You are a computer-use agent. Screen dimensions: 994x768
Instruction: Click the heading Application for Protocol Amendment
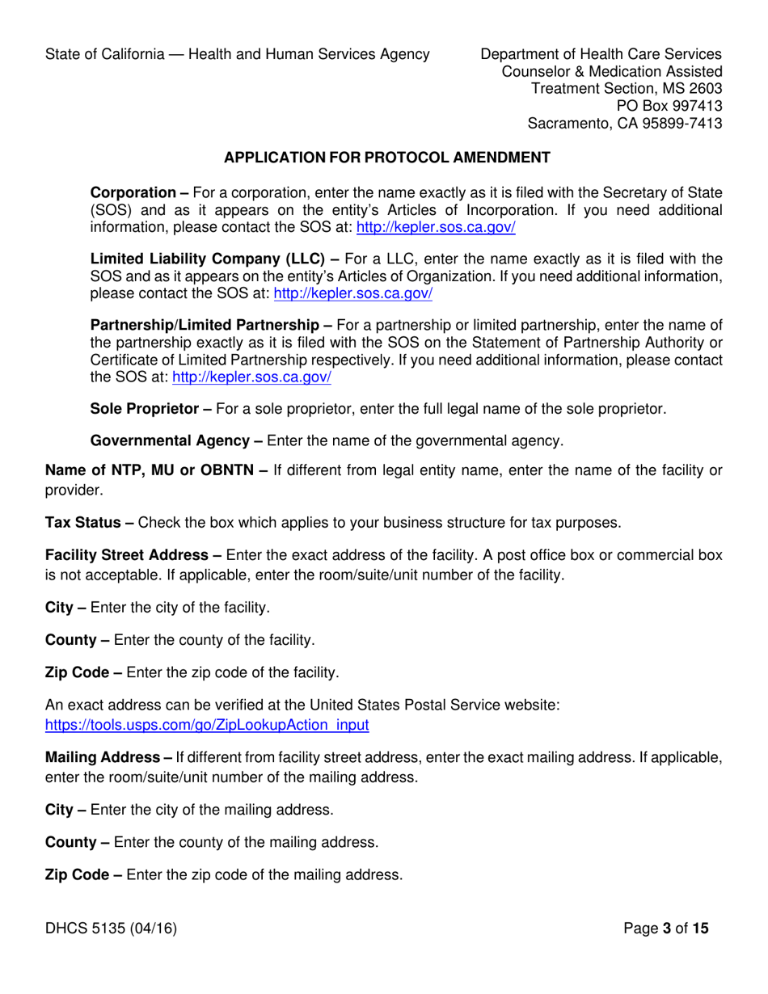(x=386, y=158)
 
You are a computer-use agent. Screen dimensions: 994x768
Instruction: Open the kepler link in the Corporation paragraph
(x=436, y=228)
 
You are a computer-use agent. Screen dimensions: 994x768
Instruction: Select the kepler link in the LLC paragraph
(x=353, y=294)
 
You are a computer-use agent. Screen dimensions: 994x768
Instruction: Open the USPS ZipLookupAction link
(x=207, y=725)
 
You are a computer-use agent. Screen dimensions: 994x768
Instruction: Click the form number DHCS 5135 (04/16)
(x=111, y=929)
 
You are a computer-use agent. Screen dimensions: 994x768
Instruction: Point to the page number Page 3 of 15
(x=666, y=929)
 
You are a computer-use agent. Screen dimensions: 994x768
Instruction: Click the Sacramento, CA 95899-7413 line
(x=624, y=124)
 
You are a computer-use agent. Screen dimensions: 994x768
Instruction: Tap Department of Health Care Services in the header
(x=601, y=54)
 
